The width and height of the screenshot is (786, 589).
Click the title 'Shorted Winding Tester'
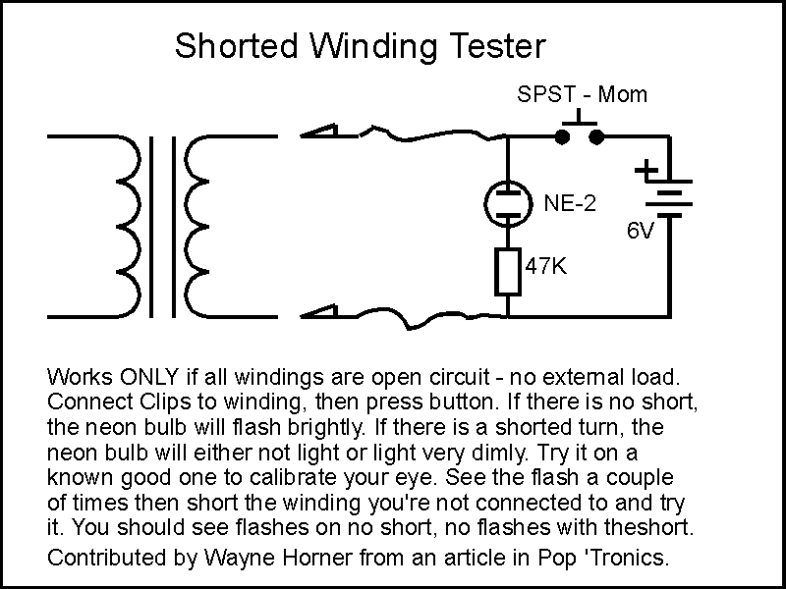tap(359, 46)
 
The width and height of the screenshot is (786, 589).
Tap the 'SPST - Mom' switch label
tap(583, 95)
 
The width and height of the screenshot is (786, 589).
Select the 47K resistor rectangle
tap(507, 272)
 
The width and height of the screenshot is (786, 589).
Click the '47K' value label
tap(545, 265)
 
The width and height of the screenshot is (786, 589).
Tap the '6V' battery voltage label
tap(641, 232)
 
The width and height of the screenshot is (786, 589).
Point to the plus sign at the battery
tap(646, 171)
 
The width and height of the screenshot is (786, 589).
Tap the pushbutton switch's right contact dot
tap(595, 136)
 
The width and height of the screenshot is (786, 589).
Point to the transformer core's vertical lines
tap(164, 226)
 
